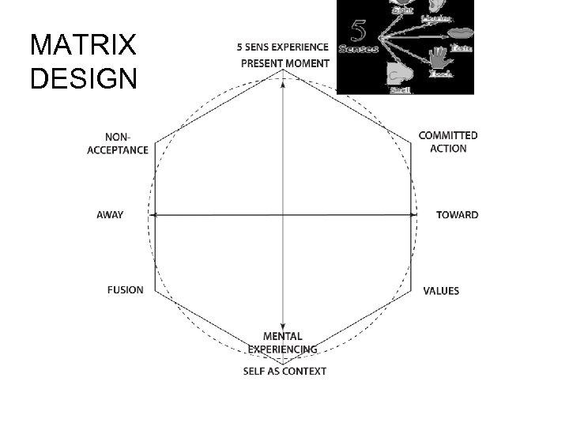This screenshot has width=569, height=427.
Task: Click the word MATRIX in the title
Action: (x=82, y=45)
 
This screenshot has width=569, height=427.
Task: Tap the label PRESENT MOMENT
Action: (x=284, y=62)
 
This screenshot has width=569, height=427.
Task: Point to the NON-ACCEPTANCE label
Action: (x=118, y=144)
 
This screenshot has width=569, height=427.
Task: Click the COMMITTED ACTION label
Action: (x=448, y=142)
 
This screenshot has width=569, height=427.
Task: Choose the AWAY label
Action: (x=110, y=215)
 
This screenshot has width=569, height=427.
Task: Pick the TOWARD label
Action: (x=457, y=215)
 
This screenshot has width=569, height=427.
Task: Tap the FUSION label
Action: (x=126, y=289)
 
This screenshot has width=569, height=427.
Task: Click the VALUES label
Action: (x=441, y=291)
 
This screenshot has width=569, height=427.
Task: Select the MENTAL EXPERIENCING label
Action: (x=283, y=342)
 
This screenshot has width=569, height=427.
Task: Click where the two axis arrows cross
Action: (x=284, y=214)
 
